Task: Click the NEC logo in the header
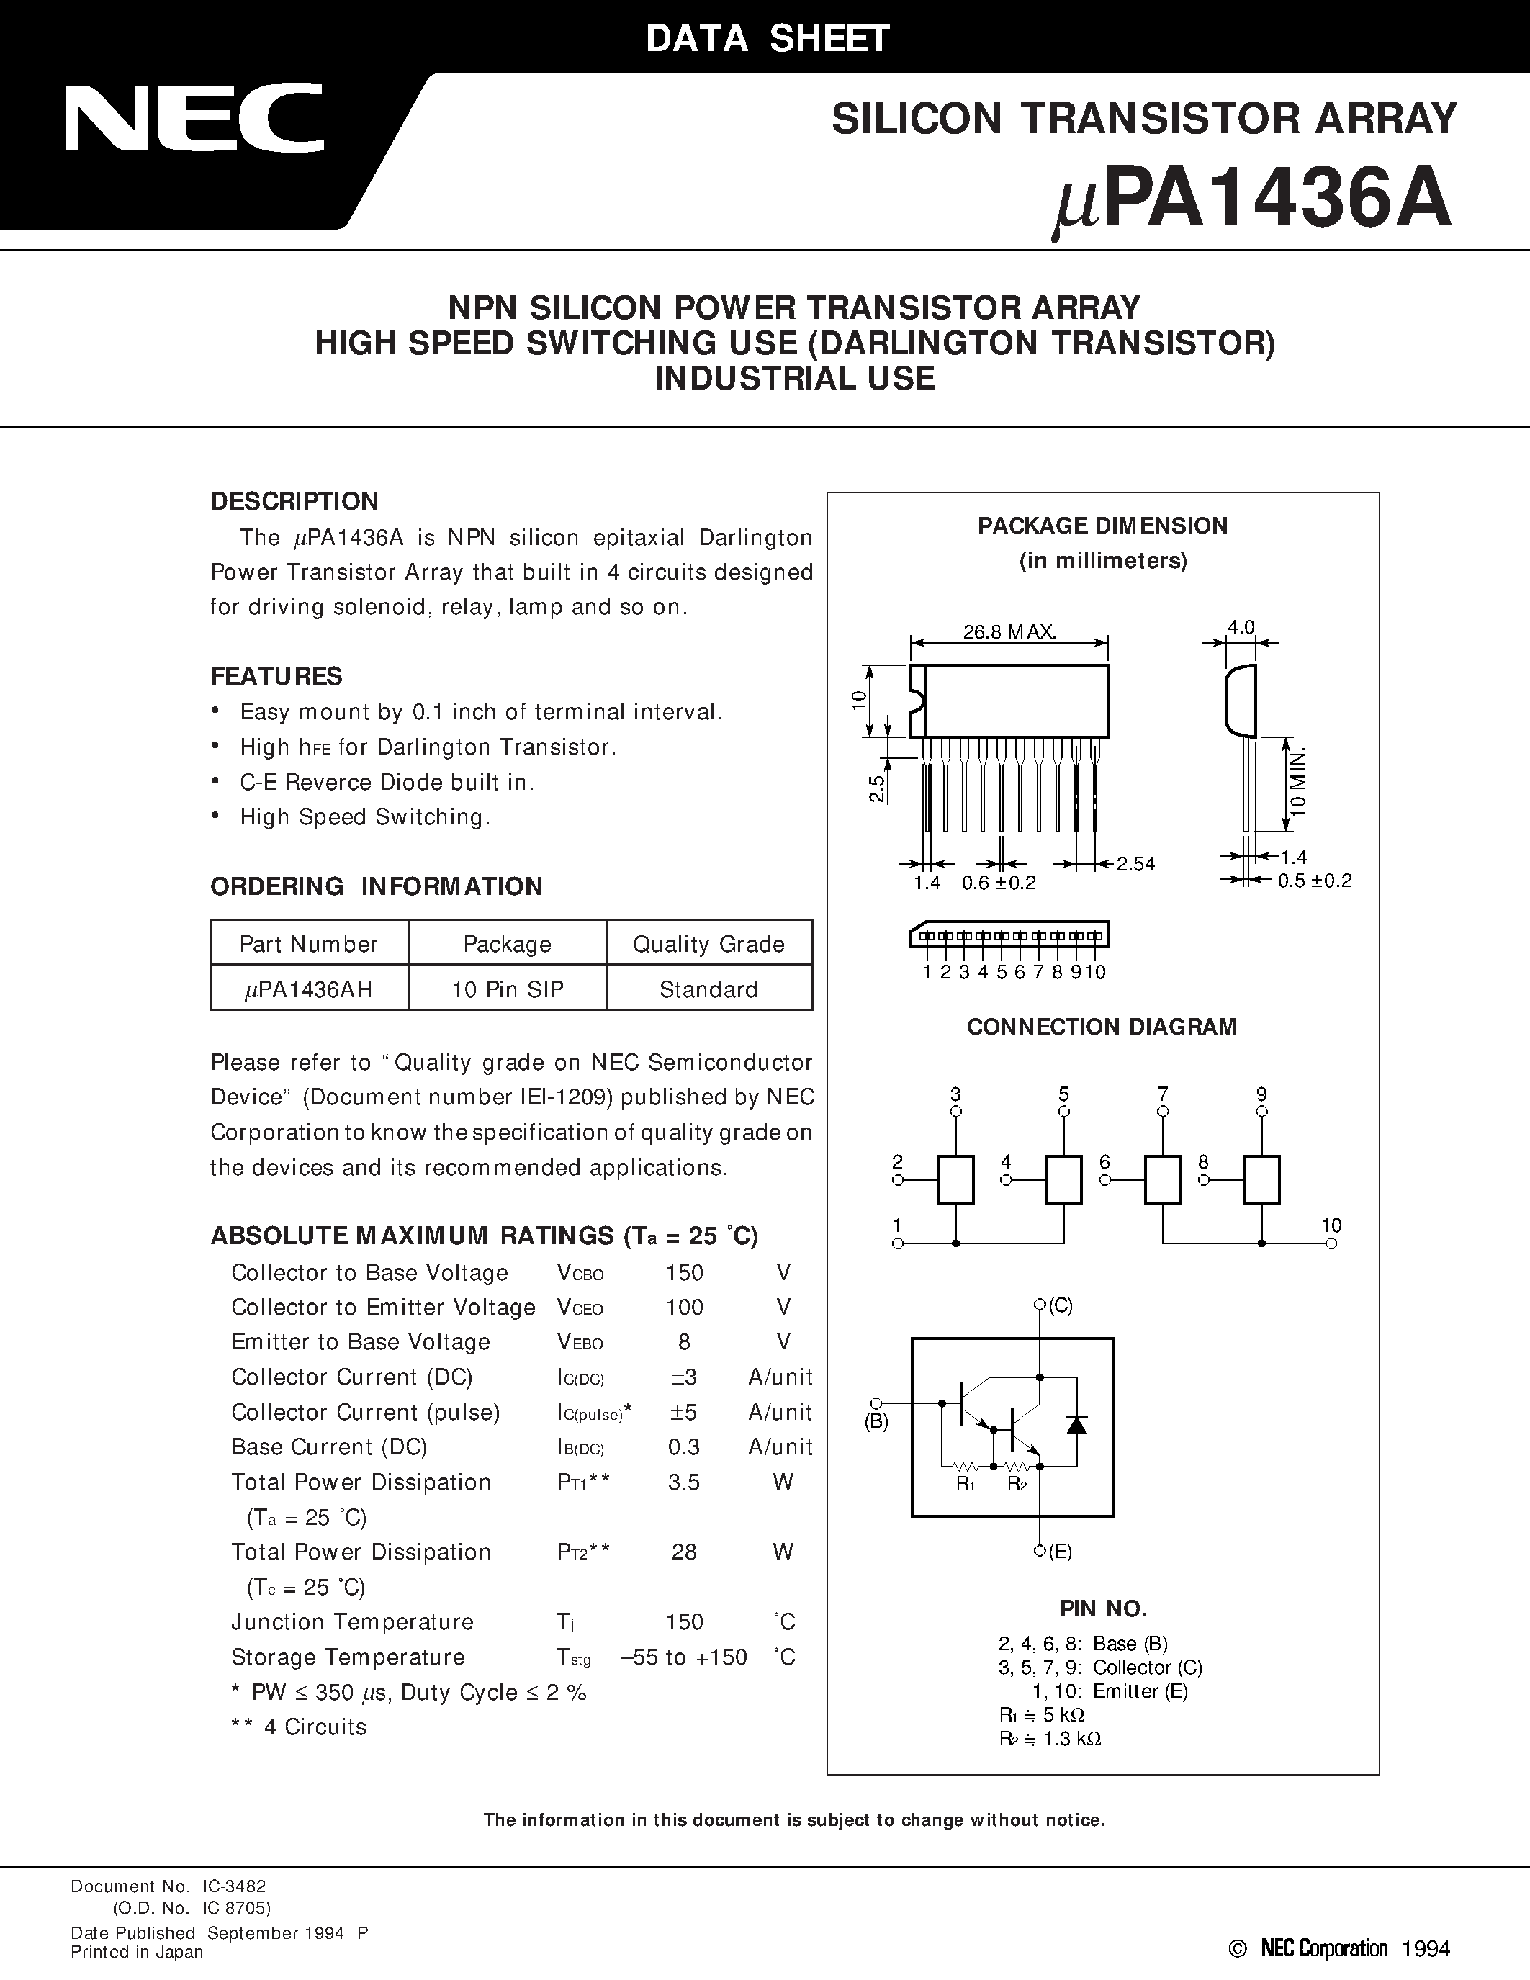[193, 118]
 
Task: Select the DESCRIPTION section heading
[294, 501]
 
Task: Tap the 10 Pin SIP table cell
[508, 989]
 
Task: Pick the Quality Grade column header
[708, 944]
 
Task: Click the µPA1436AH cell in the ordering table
[309, 989]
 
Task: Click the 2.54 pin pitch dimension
[1135, 864]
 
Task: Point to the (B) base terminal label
[876, 1421]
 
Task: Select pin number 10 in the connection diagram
[1331, 1225]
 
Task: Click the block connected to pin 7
[1163, 1179]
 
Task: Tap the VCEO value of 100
[684, 1308]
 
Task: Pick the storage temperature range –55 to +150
[684, 1657]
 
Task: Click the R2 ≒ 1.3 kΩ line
[1050, 1738]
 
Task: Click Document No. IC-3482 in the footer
[168, 1886]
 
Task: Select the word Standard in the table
[708, 989]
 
